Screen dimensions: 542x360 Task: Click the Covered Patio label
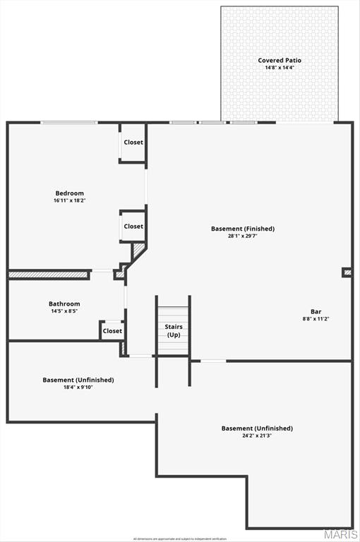(279, 61)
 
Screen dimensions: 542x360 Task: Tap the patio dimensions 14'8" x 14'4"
(279, 68)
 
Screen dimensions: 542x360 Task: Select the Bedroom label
(70, 193)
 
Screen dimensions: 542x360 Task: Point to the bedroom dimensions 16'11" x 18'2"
(70, 200)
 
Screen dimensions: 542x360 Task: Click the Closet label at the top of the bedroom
(133, 143)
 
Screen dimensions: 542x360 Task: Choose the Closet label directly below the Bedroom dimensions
(133, 227)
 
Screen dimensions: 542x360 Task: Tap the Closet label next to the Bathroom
(112, 330)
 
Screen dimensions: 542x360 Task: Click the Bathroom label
(64, 304)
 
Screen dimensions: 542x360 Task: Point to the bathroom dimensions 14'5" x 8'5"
(64, 311)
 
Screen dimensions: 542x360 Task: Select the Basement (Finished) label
(243, 229)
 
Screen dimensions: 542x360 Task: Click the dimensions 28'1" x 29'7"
(243, 236)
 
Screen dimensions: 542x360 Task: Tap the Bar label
(316, 312)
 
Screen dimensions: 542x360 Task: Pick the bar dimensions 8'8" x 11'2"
(316, 319)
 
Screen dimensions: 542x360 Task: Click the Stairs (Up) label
(174, 330)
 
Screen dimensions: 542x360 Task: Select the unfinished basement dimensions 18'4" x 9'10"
(78, 387)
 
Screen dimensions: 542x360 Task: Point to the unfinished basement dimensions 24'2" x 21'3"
(257, 435)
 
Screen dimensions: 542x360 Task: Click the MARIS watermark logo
(340, 535)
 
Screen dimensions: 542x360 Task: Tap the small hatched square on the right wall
(347, 272)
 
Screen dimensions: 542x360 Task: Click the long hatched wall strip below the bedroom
(49, 275)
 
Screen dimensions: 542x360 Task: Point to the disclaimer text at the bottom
(179, 538)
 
